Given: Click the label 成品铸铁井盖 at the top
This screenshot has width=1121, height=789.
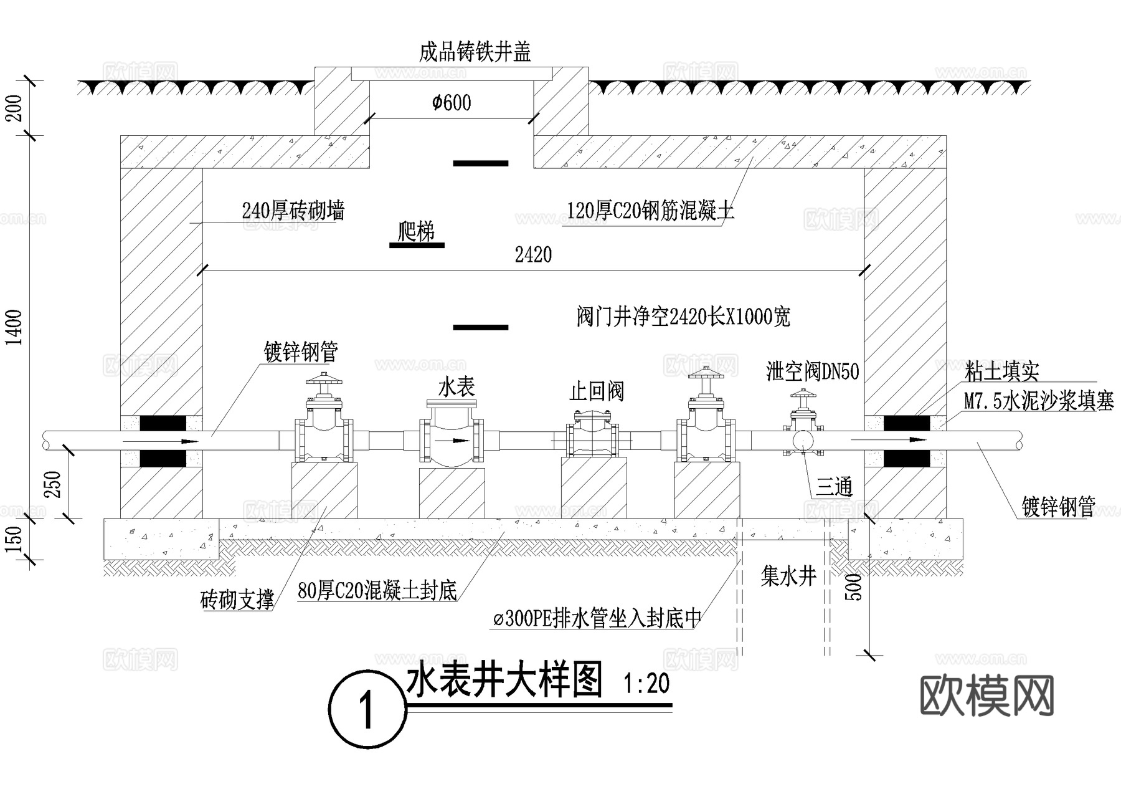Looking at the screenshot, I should click(x=475, y=52).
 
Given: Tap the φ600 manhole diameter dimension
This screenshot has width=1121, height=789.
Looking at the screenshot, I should click(x=452, y=103).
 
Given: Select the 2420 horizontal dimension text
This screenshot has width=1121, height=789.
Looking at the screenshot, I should click(x=533, y=255).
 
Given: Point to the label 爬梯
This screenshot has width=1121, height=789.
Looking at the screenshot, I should click(x=416, y=232).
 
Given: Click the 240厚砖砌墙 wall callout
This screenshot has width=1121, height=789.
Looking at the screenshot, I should click(x=293, y=211).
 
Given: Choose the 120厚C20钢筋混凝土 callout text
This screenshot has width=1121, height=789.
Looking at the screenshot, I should click(x=650, y=211).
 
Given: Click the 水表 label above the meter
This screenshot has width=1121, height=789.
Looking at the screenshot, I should click(x=456, y=388).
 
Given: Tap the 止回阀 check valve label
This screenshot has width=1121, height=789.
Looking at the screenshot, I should click(x=596, y=392).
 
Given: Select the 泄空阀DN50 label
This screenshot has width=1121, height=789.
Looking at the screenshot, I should click(x=812, y=372).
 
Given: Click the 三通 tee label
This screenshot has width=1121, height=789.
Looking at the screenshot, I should click(x=834, y=487).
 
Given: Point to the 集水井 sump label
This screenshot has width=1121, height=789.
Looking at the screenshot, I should click(x=788, y=576).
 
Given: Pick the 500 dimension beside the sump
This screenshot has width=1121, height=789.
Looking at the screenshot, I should click(x=856, y=587).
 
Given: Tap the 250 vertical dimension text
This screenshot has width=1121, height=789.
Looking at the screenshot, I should click(x=55, y=484).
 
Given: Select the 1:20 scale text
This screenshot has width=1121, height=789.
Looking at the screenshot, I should click(x=646, y=684).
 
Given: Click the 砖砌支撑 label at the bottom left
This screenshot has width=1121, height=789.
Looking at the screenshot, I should click(x=237, y=600).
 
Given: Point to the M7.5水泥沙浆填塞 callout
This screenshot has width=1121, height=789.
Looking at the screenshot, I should click(x=1039, y=401).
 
